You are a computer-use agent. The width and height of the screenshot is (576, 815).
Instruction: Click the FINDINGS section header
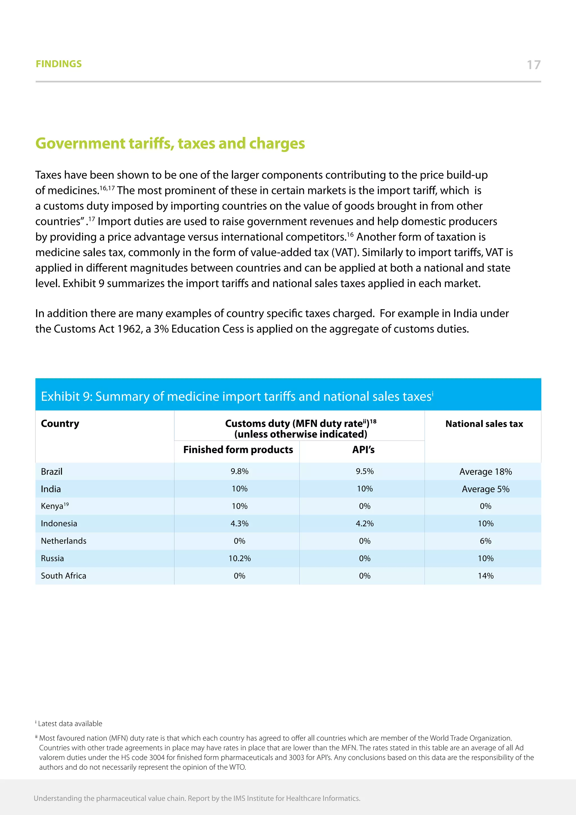pyautogui.click(x=58, y=64)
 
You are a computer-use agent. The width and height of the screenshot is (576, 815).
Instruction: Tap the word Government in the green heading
pyautogui.click(x=80, y=144)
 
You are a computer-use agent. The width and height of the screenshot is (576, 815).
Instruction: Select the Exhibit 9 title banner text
pyautogui.click(x=237, y=396)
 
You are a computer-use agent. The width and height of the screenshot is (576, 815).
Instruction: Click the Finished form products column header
pyautogui.click(x=238, y=450)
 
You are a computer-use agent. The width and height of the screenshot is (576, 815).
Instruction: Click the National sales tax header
pyautogui.click(x=484, y=424)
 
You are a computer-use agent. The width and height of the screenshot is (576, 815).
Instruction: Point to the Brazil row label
pyautogui.click(x=52, y=471)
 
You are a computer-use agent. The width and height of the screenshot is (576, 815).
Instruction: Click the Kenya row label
pyautogui.click(x=52, y=506)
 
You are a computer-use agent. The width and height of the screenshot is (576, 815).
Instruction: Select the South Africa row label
pyautogui.click(x=64, y=576)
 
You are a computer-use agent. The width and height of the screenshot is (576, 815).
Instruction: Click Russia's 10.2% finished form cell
pyautogui.click(x=239, y=558)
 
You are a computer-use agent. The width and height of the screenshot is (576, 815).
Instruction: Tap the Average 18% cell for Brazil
pyautogui.click(x=485, y=472)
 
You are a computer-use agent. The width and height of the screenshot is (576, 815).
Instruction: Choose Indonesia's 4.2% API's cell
pyautogui.click(x=364, y=523)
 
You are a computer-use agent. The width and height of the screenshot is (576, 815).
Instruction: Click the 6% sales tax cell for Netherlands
pyautogui.click(x=485, y=541)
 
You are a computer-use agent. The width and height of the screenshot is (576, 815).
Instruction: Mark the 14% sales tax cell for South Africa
pyautogui.click(x=485, y=576)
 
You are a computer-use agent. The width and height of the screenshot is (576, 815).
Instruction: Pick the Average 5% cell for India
pyautogui.click(x=485, y=489)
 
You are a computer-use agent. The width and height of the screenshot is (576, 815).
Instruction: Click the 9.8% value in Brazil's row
pyautogui.click(x=239, y=471)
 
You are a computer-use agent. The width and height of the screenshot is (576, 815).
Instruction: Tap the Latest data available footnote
pyautogui.click(x=70, y=724)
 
